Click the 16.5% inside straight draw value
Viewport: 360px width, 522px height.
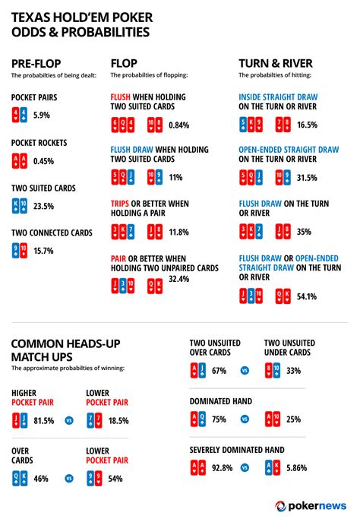pos(306,125)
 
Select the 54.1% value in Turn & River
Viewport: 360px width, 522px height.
pos(307,296)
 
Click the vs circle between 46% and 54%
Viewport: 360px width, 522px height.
pos(69,479)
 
